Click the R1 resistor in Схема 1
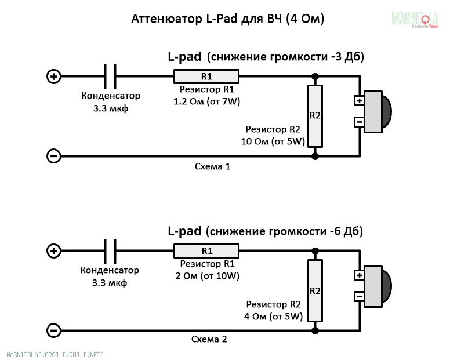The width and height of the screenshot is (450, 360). tap(206, 77)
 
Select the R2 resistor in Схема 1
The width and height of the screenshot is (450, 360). tap(315, 116)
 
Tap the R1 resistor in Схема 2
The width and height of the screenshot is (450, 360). tap(206, 251)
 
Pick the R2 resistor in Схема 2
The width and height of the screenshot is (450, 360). tap(315, 290)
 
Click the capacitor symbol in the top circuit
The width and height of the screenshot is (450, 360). tap(110, 77)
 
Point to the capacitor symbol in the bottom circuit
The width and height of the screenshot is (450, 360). tap(110, 251)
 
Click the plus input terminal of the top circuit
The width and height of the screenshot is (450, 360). tap(54, 77)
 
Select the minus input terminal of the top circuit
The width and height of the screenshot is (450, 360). tap(54, 157)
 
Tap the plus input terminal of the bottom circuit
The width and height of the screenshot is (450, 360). tap(54, 251)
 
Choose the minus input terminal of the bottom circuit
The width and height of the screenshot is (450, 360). tap(54, 330)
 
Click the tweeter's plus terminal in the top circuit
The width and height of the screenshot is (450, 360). tap(360, 101)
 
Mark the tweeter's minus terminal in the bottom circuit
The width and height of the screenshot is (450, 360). tap(360, 296)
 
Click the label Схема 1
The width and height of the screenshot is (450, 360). tap(212, 166)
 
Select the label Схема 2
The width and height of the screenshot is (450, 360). tap(209, 339)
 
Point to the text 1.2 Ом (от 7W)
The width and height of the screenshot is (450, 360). tap(206, 101)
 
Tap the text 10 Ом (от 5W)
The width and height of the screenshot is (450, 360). tap(273, 141)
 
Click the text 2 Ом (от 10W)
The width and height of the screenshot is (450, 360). tap(207, 276)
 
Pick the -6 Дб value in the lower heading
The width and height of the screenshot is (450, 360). tap(342, 231)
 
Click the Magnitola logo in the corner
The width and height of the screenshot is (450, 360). tap(415, 19)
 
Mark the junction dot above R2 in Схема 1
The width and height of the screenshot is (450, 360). tap(315, 77)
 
